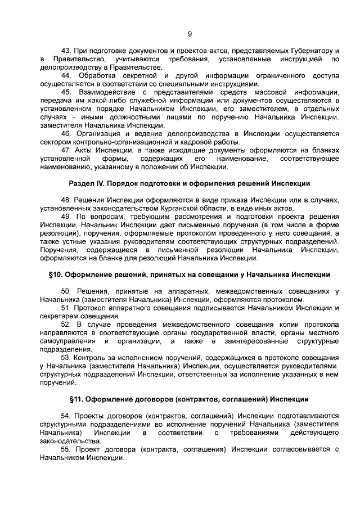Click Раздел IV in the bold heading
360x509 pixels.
pyautogui.click(x=85, y=183)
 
